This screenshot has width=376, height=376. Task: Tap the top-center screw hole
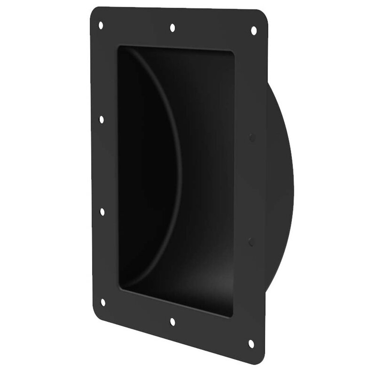click(172, 28)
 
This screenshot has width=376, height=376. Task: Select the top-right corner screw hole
click(253, 31)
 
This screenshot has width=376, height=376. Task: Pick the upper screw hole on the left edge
click(102, 119)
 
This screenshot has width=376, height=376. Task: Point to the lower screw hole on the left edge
click(102, 212)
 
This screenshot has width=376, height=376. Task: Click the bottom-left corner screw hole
click(103, 302)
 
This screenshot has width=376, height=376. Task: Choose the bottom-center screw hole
click(172, 322)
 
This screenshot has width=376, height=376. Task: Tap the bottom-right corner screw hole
click(251, 344)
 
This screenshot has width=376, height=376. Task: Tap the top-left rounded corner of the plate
click(93, 10)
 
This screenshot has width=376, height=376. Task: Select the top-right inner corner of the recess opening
click(232, 52)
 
